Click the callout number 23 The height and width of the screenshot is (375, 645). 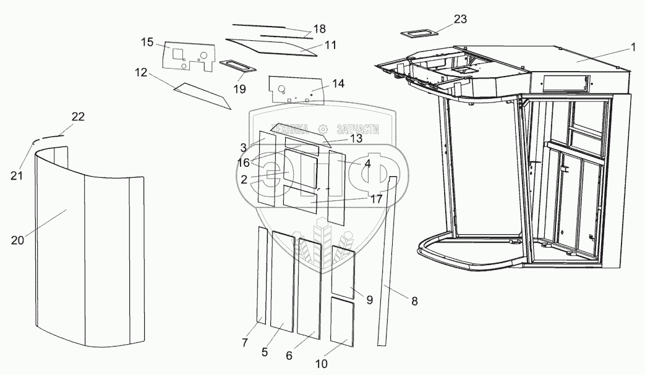[x=460, y=19]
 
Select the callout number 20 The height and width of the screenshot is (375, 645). [x=17, y=240]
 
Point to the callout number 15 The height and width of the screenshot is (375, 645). [x=147, y=42]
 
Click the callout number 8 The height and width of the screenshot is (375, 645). [x=414, y=302]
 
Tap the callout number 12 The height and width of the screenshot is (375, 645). [x=141, y=73]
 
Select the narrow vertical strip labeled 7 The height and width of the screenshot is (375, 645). [x=262, y=275]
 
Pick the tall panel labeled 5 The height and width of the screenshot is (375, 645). [x=283, y=281]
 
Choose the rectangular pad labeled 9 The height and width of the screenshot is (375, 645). [x=343, y=272]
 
